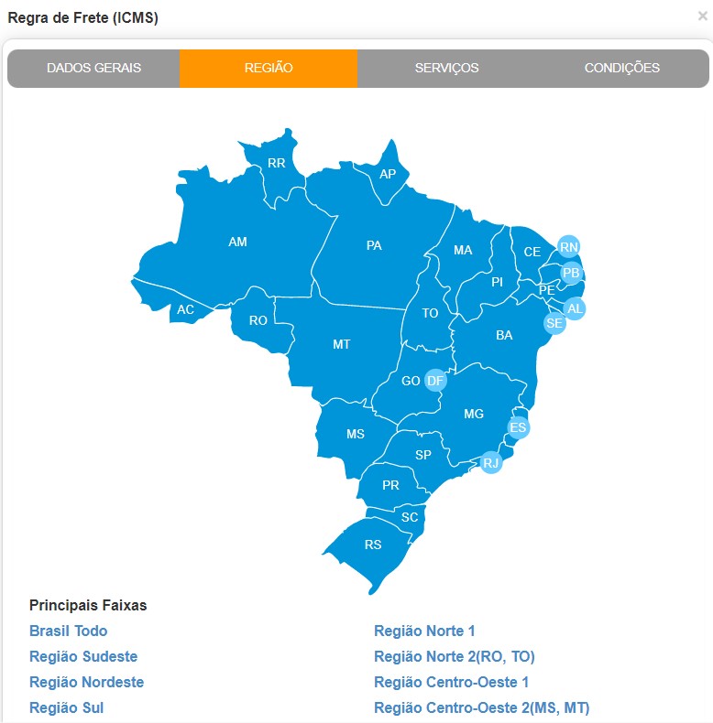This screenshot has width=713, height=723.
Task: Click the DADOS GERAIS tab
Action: tap(93, 68)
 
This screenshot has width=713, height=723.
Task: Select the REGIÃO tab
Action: tap(269, 68)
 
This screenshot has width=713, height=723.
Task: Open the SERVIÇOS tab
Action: tap(446, 68)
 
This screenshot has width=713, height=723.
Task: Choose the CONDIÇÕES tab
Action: tap(621, 68)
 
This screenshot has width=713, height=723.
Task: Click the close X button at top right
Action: tap(702, 16)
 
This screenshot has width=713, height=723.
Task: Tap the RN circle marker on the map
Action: tap(569, 247)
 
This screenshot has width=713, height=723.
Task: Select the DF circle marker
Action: tap(435, 380)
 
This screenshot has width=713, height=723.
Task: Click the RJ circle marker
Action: tap(491, 462)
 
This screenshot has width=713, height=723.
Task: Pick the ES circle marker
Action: tap(519, 427)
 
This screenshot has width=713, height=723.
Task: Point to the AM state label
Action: tap(237, 242)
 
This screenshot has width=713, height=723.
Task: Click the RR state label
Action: tap(276, 164)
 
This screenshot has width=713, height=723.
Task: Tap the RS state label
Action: tap(373, 545)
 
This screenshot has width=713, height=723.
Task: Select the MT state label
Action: tap(341, 344)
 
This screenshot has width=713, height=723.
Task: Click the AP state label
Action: tap(388, 173)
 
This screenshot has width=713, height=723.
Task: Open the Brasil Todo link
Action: tap(68, 631)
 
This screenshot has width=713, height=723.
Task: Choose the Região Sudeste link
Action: tap(83, 656)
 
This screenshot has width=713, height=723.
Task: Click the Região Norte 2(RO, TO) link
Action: tap(454, 656)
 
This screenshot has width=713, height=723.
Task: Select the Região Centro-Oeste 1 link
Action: tap(451, 682)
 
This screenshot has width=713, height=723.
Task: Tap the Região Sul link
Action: tap(66, 707)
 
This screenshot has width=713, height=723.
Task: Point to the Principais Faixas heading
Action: tap(88, 605)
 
